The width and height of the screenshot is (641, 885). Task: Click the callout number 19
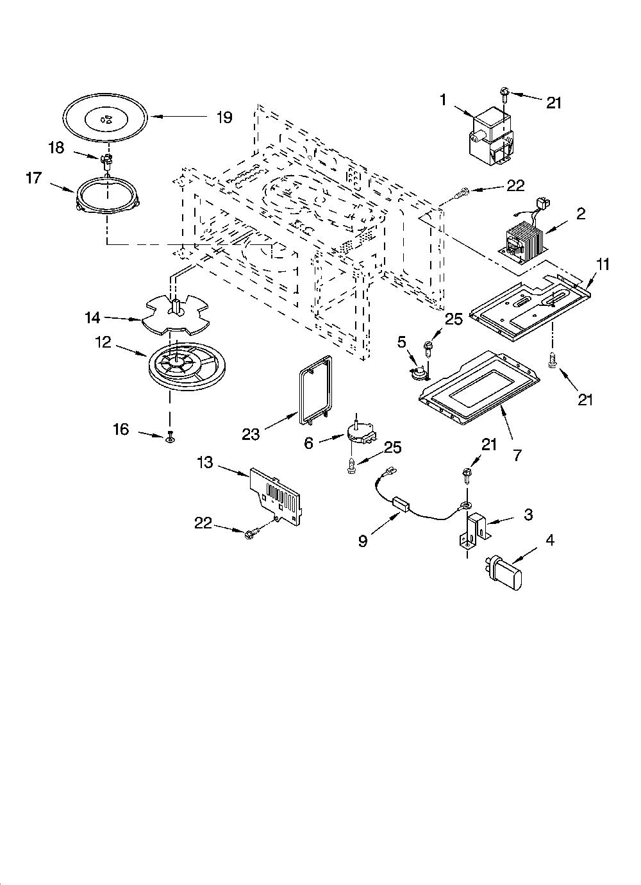(224, 117)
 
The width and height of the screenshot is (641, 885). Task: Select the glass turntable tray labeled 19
(106, 118)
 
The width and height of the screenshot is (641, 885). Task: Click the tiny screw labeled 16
(171, 437)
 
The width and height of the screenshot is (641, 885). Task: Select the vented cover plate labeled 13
(276, 496)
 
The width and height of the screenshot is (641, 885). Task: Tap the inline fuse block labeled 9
(401, 505)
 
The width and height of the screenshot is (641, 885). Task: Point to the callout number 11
(603, 264)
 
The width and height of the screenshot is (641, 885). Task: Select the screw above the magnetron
(504, 95)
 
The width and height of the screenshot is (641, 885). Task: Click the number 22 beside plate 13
(203, 523)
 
